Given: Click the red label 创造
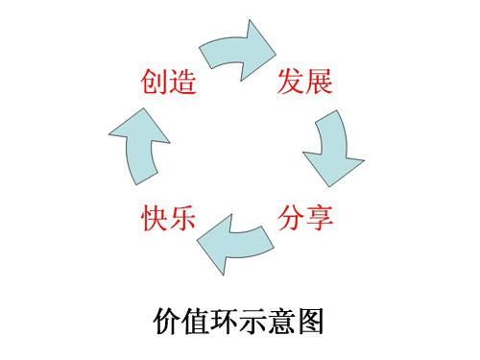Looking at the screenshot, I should (x=168, y=83).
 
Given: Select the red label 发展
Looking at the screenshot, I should (x=305, y=83).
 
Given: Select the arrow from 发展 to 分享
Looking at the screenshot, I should (x=331, y=149).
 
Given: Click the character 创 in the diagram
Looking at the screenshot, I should (x=154, y=83).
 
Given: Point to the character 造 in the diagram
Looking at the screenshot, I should (x=182, y=83).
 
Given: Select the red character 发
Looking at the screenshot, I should (x=291, y=83).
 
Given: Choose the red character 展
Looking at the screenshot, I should (x=320, y=83).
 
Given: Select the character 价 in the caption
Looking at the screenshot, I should (x=168, y=320).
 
